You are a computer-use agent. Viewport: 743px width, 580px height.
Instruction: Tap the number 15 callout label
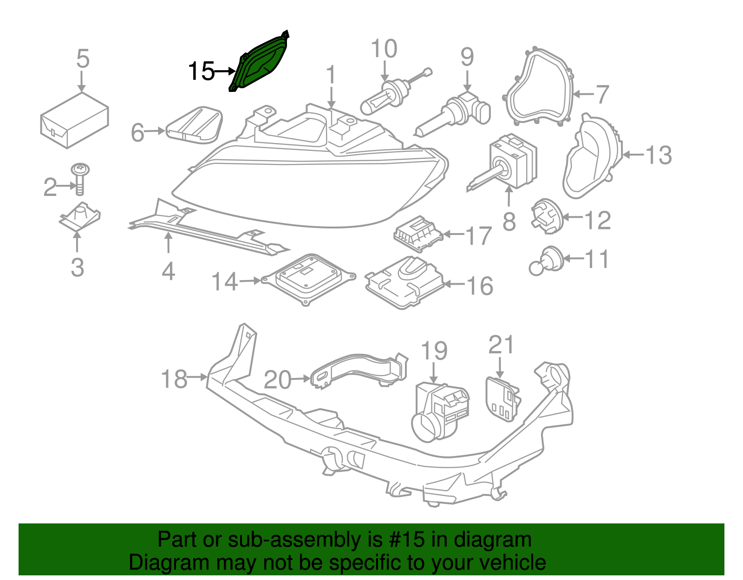pos(201,71)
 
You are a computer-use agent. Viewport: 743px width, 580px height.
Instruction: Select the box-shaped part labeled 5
pos(74,121)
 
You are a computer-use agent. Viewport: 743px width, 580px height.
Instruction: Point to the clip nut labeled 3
pos(80,216)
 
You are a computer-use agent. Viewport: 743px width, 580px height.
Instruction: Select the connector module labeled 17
pos(418,233)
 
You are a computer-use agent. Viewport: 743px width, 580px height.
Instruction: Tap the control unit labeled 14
pos(309,279)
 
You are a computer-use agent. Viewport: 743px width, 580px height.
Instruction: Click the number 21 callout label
pos(502,345)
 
